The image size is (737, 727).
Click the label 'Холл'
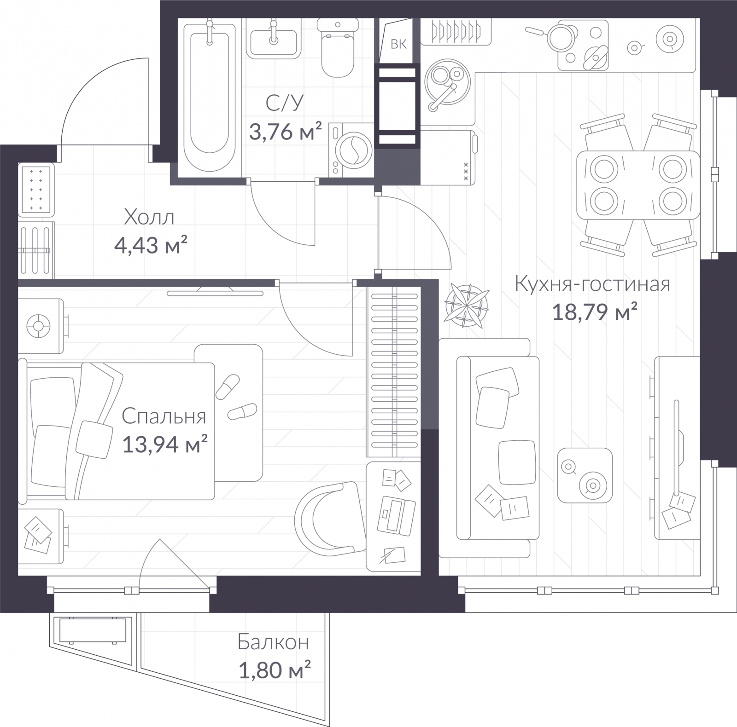(149, 217)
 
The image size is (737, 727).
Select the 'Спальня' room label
(164, 416)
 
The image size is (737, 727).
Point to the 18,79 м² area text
(594, 312)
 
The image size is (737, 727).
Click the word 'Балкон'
(273, 642)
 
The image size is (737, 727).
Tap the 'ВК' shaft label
(399, 44)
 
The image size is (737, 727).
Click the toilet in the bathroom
(338, 48)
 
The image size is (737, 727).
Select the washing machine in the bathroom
(351, 150)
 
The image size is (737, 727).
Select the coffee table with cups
(585, 476)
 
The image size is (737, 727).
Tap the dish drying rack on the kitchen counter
(456, 31)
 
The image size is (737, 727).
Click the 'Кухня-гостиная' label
(592, 284)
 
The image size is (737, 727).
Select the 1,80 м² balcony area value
(275, 669)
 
